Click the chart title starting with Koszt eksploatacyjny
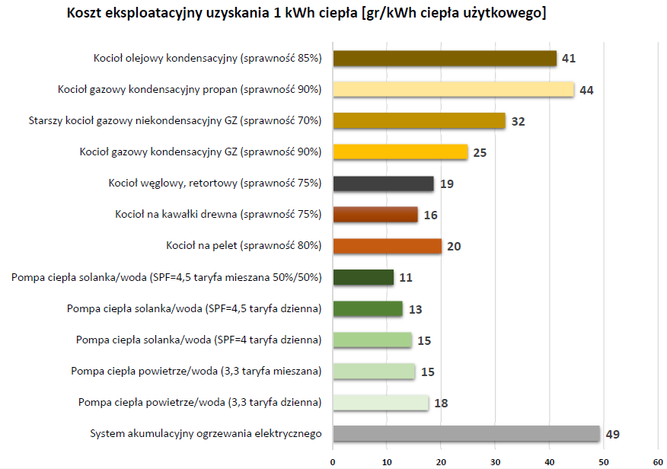pyautogui.click(x=306, y=14)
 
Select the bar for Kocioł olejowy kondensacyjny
pyautogui.click(x=445, y=59)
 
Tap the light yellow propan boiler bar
pyautogui.click(x=453, y=90)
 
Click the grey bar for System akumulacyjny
pyautogui.click(x=466, y=434)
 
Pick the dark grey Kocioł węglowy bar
pyautogui.click(x=383, y=183)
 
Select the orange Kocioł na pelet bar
pyautogui.click(x=387, y=246)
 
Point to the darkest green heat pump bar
pyautogui.click(x=363, y=277)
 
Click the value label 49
pyautogui.click(x=613, y=435)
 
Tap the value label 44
pyautogui.click(x=586, y=91)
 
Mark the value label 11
pyautogui.click(x=406, y=278)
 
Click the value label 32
pyautogui.click(x=518, y=122)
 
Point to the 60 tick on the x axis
pyautogui.click(x=657, y=461)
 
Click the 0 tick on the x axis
pyautogui.click(x=333, y=461)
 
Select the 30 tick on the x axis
pyautogui.click(x=495, y=461)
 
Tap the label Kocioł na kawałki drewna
pyautogui.click(x=215, y=215)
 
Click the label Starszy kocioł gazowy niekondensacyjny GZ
pyautogui.click(x=175, y=120)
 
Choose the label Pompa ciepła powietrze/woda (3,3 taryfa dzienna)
pyautogui.click(x=199, y=402)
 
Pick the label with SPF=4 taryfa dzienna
pyautogui.click(x=199, y=340)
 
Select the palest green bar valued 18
pyautogui.click(x=381, y=403)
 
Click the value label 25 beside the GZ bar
pyautogui.click(x=480, y=153)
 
